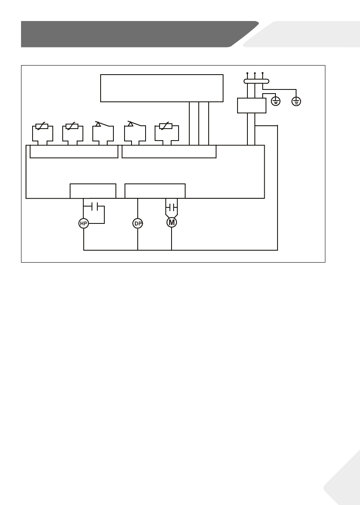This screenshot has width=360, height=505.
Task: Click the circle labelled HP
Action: (84, 223)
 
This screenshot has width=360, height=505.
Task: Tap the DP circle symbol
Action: (138, 223)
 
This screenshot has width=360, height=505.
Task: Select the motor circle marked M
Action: (172, 223)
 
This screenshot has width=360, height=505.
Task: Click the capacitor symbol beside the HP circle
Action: (94, 205)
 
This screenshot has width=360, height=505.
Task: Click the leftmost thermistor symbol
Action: (42, 127)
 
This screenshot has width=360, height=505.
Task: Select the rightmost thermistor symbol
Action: (166, 127)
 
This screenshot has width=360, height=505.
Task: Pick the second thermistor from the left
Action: (72, 127)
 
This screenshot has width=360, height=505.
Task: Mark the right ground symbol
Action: (296, 100)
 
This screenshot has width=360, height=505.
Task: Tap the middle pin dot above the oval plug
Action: (255, 73)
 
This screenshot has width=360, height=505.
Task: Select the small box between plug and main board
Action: (252, 105)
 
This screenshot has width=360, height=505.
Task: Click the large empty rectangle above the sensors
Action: (162, 88)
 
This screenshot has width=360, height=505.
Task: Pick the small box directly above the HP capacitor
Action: (93, 191)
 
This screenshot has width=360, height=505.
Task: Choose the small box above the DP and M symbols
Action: (155, 191)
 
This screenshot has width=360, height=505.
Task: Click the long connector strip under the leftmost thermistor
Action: (74, 152)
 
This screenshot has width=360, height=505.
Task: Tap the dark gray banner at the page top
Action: (132, 34)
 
